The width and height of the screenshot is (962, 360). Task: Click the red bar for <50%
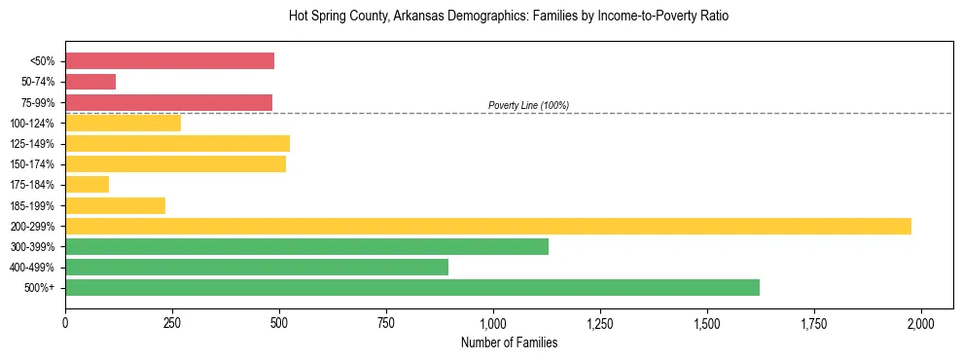tap(169, 60)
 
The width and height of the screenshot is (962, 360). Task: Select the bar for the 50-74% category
tap(90, 82)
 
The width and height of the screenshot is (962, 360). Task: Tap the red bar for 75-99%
tap(168, 102)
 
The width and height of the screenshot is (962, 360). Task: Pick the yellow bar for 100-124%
tap(123, 123)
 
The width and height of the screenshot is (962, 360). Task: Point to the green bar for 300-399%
tap(306, 246)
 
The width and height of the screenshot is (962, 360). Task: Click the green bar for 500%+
tap(412, 287)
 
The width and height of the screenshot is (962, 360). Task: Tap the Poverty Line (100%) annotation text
tap(528, 105)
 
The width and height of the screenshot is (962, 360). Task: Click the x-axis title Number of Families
tap(509, 342)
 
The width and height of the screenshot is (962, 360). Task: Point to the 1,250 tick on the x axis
tap(600, 322)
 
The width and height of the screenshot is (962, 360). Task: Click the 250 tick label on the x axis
tap(172, 322)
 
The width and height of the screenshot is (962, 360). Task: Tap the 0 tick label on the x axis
tap(65, 322)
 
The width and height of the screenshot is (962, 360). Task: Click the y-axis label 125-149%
tap(32, 144)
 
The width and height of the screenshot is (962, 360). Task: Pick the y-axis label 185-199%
tap(32, 205)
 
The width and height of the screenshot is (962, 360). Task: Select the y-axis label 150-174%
tap(32, 164)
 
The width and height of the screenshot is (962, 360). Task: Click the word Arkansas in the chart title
tap(421, 17)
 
